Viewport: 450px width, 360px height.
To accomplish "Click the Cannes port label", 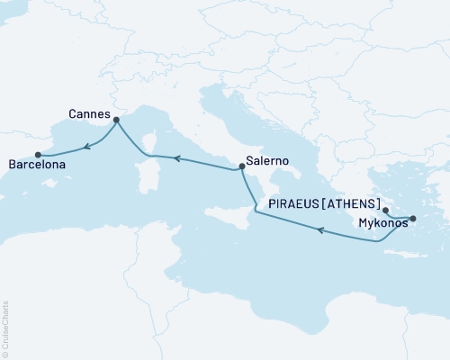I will [x=89, y=115].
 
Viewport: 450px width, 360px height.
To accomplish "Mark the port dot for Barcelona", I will [x=37, y=154].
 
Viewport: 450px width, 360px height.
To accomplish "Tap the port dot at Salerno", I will [x=241, y=166].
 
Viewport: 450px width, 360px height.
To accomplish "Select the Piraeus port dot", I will [x=385, y=209].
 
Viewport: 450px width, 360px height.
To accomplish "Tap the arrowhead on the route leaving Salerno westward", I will [x=177, y=159].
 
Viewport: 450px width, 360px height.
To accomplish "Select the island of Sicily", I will [x=224, y=216].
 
